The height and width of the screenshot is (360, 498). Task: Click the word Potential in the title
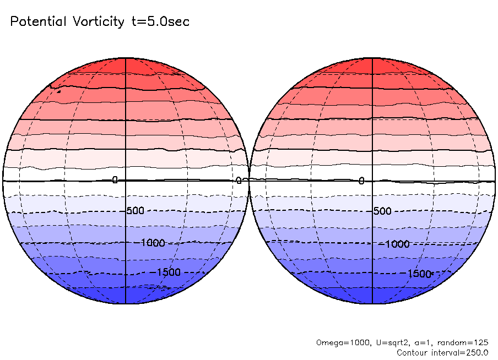pyautogui.click(x=37, y=22)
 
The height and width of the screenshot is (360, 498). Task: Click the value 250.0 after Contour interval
pyautogui.click(x=475, y=352)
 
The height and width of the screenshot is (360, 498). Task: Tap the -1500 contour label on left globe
pyautogui.click(x=168, y=272)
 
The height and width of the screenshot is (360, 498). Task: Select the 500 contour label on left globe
pyautogui.click(x=136, y=211)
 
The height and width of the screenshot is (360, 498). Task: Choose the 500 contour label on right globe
pyautogui.click(x=382, y=211)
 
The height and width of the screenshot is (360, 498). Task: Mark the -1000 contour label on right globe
pyautogui.click(x=397, y=244)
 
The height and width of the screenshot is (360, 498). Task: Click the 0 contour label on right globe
pyautogui.click(x=362, y=181)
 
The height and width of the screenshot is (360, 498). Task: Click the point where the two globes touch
pyautogui.click(x=249, y=180)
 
